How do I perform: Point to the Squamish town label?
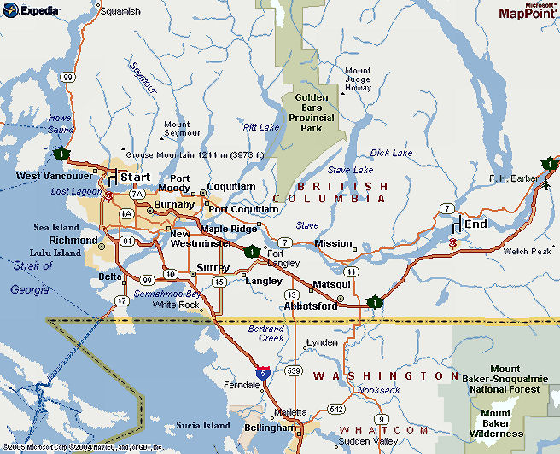[120, 12]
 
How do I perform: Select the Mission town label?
[333, 243]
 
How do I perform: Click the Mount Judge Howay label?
[358, 79]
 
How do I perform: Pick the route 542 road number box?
[337, 410]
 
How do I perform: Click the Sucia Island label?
[203, 425]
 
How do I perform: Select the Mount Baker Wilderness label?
[501, 423]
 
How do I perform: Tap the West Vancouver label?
[53, 176]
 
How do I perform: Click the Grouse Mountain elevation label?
[195, 154]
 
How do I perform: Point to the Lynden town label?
[322, 342]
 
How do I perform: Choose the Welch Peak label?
[527, 252]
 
